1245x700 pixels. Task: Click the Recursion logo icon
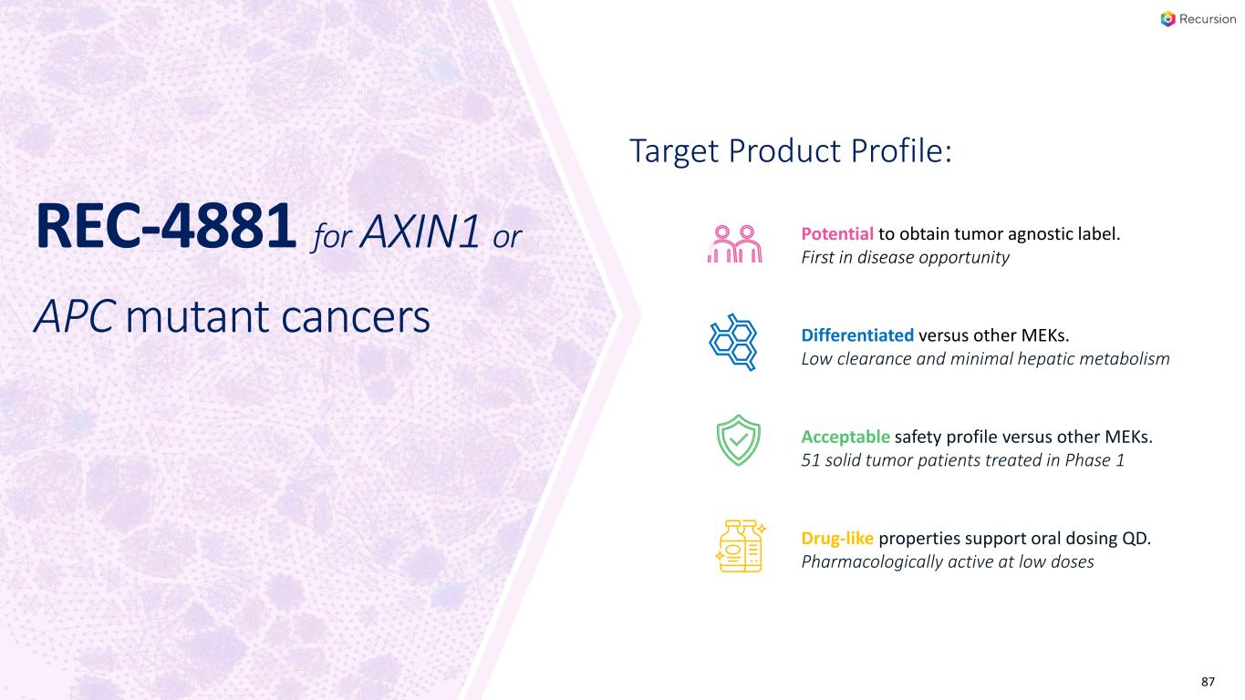pyautogui.click(x=1168, y=19)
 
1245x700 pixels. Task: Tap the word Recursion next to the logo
pyautogui.click(x=1208, y=19)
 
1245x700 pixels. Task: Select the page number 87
pyautogui.click(x=1208, y=682)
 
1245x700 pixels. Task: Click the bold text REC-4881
pyautogui.click(x=166, y=226)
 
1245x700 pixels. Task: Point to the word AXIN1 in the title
pyautogui.click(x=420, y=232)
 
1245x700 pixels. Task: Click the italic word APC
pyautogui.click(x=75, y=316)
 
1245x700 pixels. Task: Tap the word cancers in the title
pyautogui.click(x=356, y=318)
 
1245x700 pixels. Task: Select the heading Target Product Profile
pyautogui.click(x=791, y=151)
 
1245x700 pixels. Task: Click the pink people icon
pyautogui.click(x=735, y=244)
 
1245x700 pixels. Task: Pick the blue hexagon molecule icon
pyautogui.click(x=733, y=342)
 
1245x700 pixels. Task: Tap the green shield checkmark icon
pyautogui.click(x=738, y=440)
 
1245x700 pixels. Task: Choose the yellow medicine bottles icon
pyautogui.click(x=741, y=546)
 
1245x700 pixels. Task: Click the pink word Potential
pyautogui.click(x=837, y=234)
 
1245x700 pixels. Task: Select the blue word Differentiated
pyautogui.click(x=857, y=335)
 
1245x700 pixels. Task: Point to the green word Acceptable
pyautogui.click(x=846, y=437)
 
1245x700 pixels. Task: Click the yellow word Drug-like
pyautogui.click(x=837, y=539)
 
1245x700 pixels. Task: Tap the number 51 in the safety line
pyautogui.click(x=810, y=460)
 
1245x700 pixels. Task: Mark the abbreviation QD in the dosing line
pyautogui.click(x=1136, y=539)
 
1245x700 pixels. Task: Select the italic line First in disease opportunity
pyautogui.click(x=905, y=258)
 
